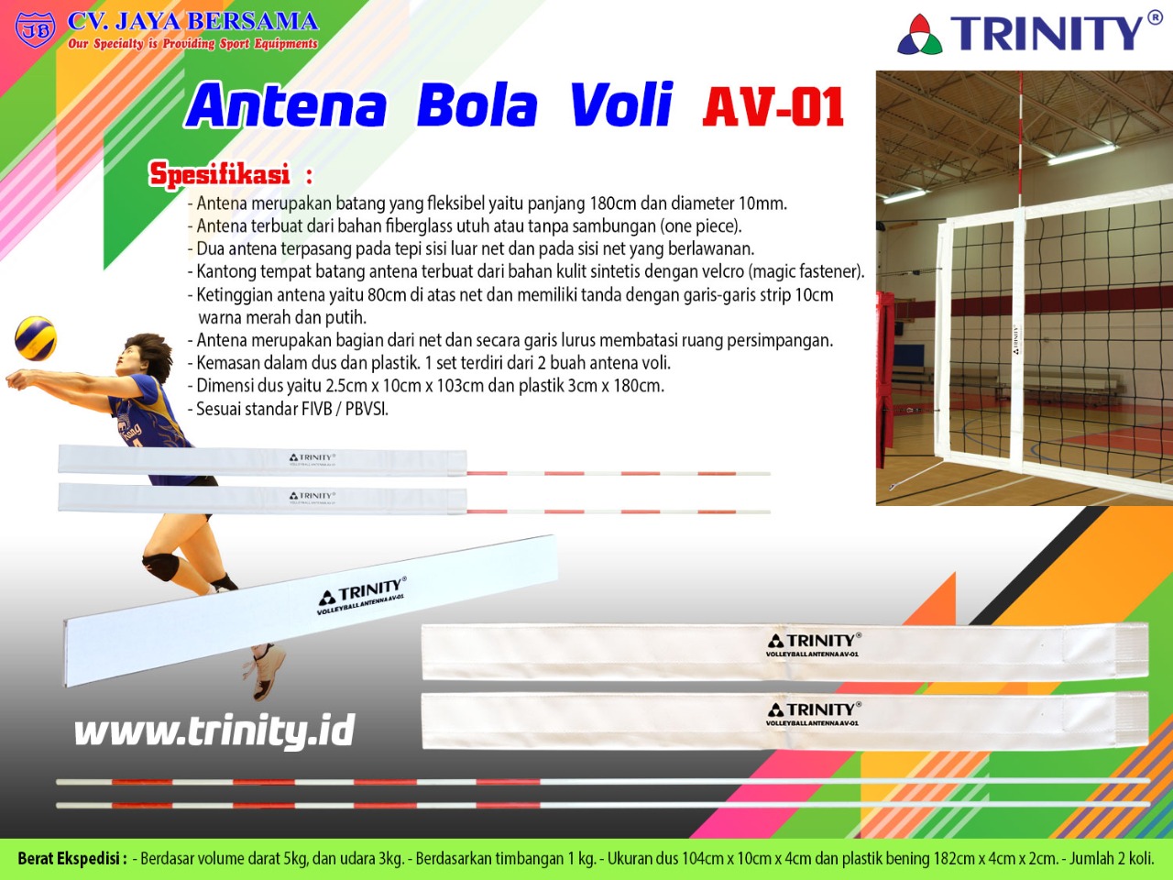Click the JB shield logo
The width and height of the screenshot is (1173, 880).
pos(35,29)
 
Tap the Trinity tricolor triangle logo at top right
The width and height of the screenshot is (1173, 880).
pos(919,34)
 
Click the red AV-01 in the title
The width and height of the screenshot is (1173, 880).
pos(773,106)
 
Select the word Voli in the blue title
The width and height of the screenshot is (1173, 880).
pos(621,104)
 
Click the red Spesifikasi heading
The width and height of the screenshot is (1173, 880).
pos(220,174)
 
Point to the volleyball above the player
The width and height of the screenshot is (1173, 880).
pos(36,339)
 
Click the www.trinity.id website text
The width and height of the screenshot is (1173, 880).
pos(214,730)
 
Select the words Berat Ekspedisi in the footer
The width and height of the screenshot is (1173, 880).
pos(71,859)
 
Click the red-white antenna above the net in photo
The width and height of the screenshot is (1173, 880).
pos(1020,139)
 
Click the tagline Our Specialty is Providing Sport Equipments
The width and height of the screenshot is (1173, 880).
pos(192,44)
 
